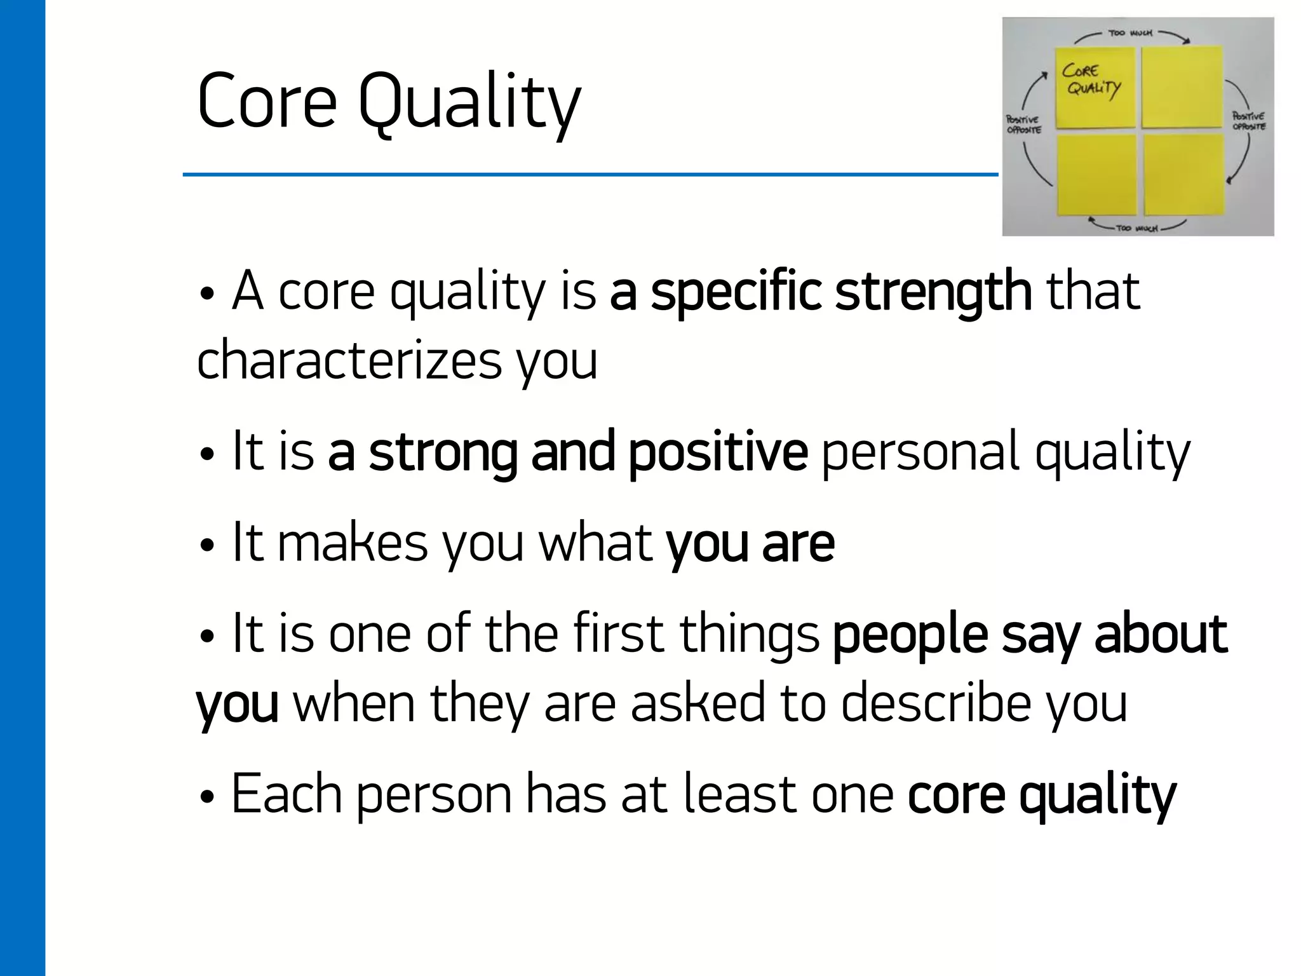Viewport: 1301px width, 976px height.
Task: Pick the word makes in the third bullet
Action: [353, 543]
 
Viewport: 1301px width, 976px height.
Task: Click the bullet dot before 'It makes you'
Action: [206, 546]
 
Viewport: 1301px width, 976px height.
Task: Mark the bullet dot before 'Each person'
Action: [206, 797]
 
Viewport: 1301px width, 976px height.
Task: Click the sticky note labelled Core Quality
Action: [1094, 88]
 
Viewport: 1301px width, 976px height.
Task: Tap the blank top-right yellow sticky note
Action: [1182, 88]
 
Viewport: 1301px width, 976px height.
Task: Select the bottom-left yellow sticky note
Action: [1096, 175]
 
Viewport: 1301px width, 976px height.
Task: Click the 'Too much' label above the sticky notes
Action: [1130, 32]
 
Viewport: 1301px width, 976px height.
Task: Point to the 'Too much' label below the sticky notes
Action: [1137, 227]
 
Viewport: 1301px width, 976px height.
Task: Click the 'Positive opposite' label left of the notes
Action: [1023, 125]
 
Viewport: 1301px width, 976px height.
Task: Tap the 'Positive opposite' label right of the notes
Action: [1249, 121]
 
